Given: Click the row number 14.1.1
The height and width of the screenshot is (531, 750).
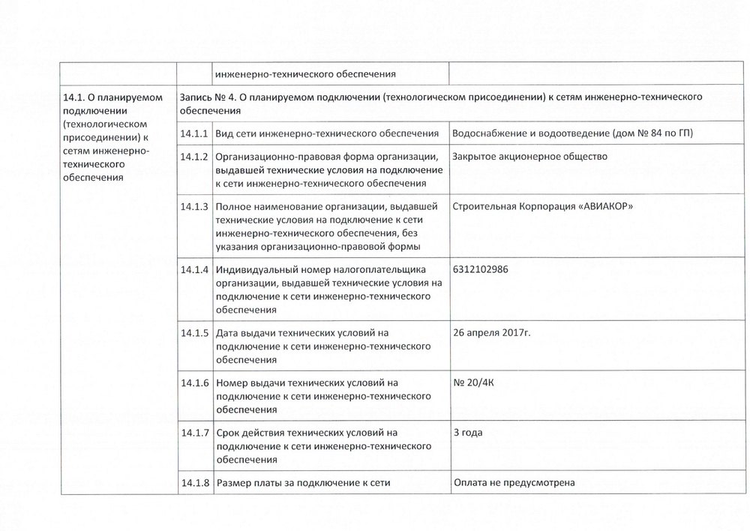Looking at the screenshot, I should pos(194,133).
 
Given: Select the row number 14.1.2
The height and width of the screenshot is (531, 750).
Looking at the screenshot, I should pos(194,157).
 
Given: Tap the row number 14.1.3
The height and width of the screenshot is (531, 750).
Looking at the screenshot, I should pos(194,206).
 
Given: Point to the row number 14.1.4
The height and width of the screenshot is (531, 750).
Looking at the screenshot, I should pos(194,269).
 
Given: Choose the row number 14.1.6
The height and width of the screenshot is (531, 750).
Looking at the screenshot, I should pos(194,382).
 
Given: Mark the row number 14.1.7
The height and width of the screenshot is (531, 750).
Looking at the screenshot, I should pos(194,433).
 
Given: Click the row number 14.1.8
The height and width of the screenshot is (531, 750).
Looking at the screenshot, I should pos(194,483).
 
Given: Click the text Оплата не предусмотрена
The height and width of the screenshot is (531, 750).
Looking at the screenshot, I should pos(514,482).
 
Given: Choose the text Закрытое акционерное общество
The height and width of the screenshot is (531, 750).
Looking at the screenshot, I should pos(529,157).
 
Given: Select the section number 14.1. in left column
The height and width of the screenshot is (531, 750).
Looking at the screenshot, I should pos(71,97).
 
